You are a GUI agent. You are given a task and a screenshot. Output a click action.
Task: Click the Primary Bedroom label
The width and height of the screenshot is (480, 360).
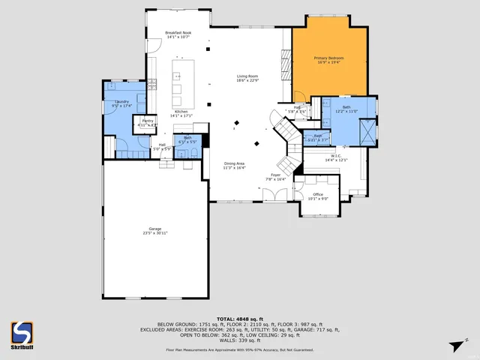[x=328, y=58]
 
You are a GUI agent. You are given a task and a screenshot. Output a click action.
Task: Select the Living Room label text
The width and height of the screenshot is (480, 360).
[x=247, y=76]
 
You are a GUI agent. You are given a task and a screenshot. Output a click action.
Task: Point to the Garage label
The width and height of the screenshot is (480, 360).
[x=155, y=229]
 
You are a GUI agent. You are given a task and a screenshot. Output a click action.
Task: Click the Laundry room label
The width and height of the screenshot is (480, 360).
[x=121, y=101]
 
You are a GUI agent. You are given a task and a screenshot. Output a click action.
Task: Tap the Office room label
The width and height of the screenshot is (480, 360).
[x=318, y=194]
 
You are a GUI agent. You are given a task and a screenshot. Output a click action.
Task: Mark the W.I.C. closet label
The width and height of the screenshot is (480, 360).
[x=336, y=156]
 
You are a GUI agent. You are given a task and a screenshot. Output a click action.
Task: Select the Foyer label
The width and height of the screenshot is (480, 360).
[x=276, y=175]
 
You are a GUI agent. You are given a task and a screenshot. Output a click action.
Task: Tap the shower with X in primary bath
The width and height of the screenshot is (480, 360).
[x=367, y=133]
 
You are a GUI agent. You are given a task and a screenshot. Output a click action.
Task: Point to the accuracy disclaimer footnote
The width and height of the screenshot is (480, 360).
[x=239, y=349]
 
